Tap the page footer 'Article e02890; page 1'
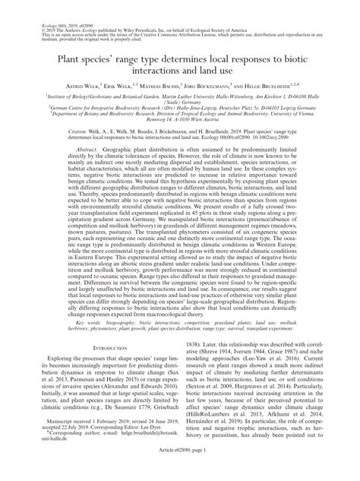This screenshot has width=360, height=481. (180, 473)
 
